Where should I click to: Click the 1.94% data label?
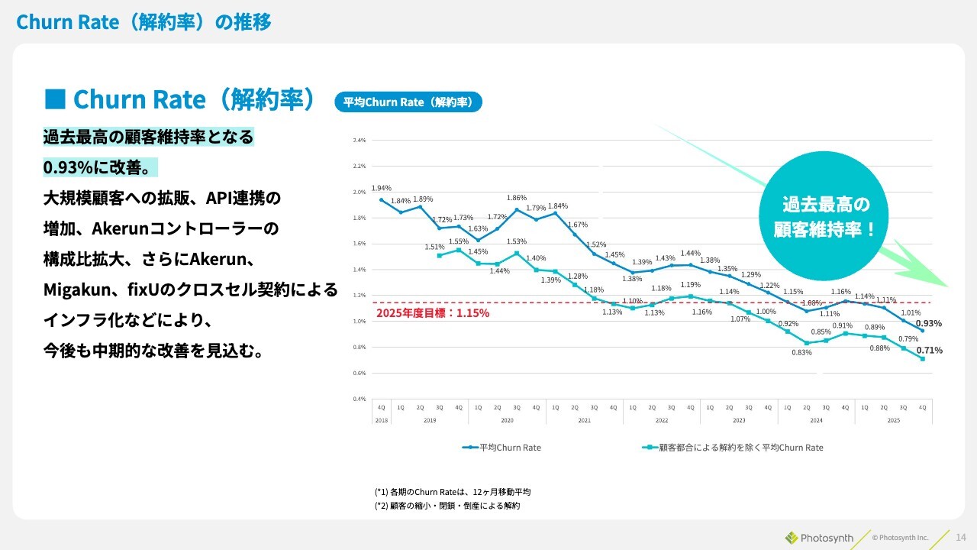pos(381,188)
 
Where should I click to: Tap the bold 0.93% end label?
pos(929,323)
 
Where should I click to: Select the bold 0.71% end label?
pos(929,351)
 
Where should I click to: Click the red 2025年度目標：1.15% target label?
pos(433,313)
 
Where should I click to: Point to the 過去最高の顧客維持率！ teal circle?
pos(825,216)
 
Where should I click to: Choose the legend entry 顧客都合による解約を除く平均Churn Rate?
pos(733,448)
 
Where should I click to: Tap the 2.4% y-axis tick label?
pos(360,141)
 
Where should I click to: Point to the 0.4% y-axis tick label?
pos(360,399)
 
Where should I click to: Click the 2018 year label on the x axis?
pos(381,419)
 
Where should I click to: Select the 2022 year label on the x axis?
pos(661,419)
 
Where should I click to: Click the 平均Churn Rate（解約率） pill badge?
pos(408,102)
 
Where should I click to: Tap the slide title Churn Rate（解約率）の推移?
pos(143,22)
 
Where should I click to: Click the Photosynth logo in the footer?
pos(819,538)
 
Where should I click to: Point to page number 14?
pos(961,538)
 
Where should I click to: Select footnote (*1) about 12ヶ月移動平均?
pos(453,492)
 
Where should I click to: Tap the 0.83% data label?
pos(801,352)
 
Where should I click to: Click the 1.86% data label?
pos(517,198)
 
